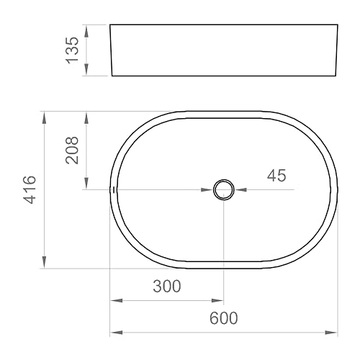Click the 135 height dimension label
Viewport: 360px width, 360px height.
pyautogui.click(x=72, y=50)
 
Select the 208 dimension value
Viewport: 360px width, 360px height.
pyautogui.click(x=73, y=150)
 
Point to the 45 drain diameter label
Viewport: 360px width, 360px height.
pyautogui.click(x=276, y=176)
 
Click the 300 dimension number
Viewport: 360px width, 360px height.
pyautogui.click(x=166, y=286)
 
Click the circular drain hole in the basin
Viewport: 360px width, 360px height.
pyautogui.click(x=223, y=190)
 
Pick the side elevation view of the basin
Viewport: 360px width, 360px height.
pyautogui.click(x=223, y=50)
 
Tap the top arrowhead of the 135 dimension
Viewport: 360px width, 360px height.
pyautogui.click(x=86, y=30)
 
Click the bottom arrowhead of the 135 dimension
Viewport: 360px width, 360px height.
pyautogui.click(x=86, y=71)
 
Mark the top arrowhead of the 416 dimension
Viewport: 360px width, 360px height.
pyautogui.click(x=45, y=117)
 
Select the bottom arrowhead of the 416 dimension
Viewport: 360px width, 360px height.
pyautogui.click(x=45, y=264)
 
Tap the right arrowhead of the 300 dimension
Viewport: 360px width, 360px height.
pyautogui.click(x=218, y=300)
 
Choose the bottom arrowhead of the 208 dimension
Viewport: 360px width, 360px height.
pyautogui.click(x=86, y=184)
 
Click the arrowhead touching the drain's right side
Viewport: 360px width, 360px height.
pyautogui.click(x=240, y=190)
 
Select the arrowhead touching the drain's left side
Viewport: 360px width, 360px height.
pyautogui.click(x=207, y=190)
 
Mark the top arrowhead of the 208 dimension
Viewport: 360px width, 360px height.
pyautogui.click(x=86, y=117)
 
